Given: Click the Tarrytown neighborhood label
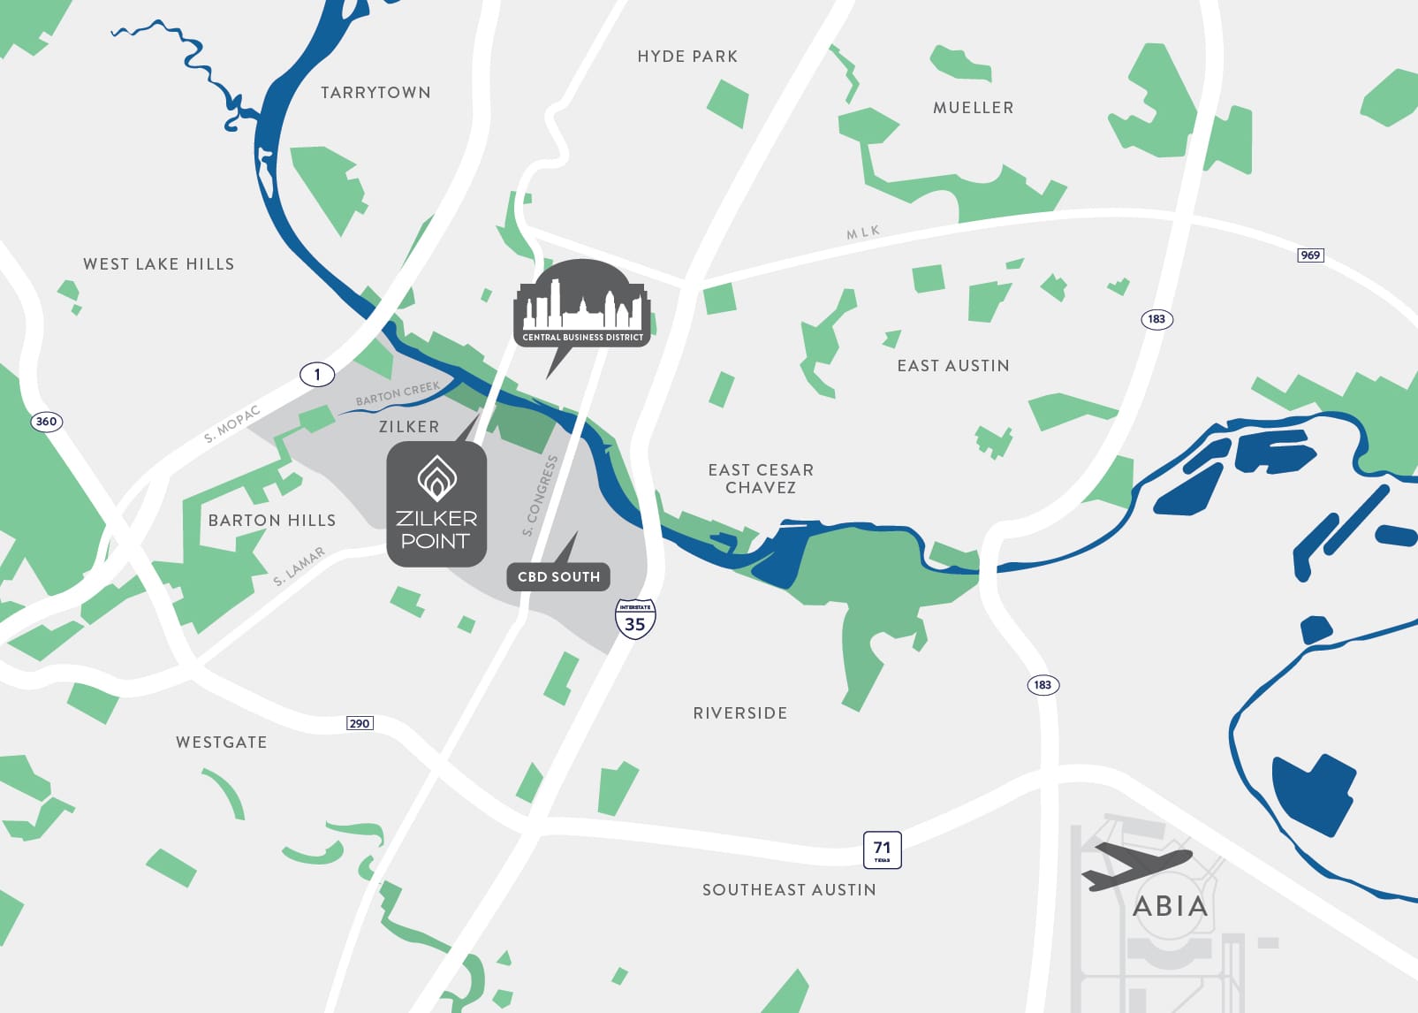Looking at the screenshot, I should click(375, 93).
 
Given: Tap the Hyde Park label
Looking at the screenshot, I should click(687, 57).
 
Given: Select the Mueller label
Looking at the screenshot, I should click(973, 108).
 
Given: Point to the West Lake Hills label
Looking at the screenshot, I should click(159, 264).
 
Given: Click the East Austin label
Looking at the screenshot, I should click(953, 366).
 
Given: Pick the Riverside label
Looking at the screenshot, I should click(740, 713).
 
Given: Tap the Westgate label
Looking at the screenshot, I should click(222, 743).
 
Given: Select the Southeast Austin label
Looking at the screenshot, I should click(789, 890).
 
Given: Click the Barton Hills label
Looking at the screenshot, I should click(272, 521).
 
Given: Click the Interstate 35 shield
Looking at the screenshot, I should click(635, 620).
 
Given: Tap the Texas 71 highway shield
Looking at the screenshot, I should click(882, 849).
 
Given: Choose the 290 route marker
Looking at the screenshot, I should click(360, 723).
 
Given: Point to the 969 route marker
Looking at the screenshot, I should click(1310, 255).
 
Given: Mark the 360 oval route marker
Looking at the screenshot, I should click(46, 422).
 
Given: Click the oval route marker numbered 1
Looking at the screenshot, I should click(317, 375).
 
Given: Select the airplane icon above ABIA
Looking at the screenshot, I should click(1136, 864).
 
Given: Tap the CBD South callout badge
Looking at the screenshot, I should click(558, 576).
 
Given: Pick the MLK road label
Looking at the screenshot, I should click(863, 232).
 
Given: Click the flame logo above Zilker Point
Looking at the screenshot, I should click(436, 478).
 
